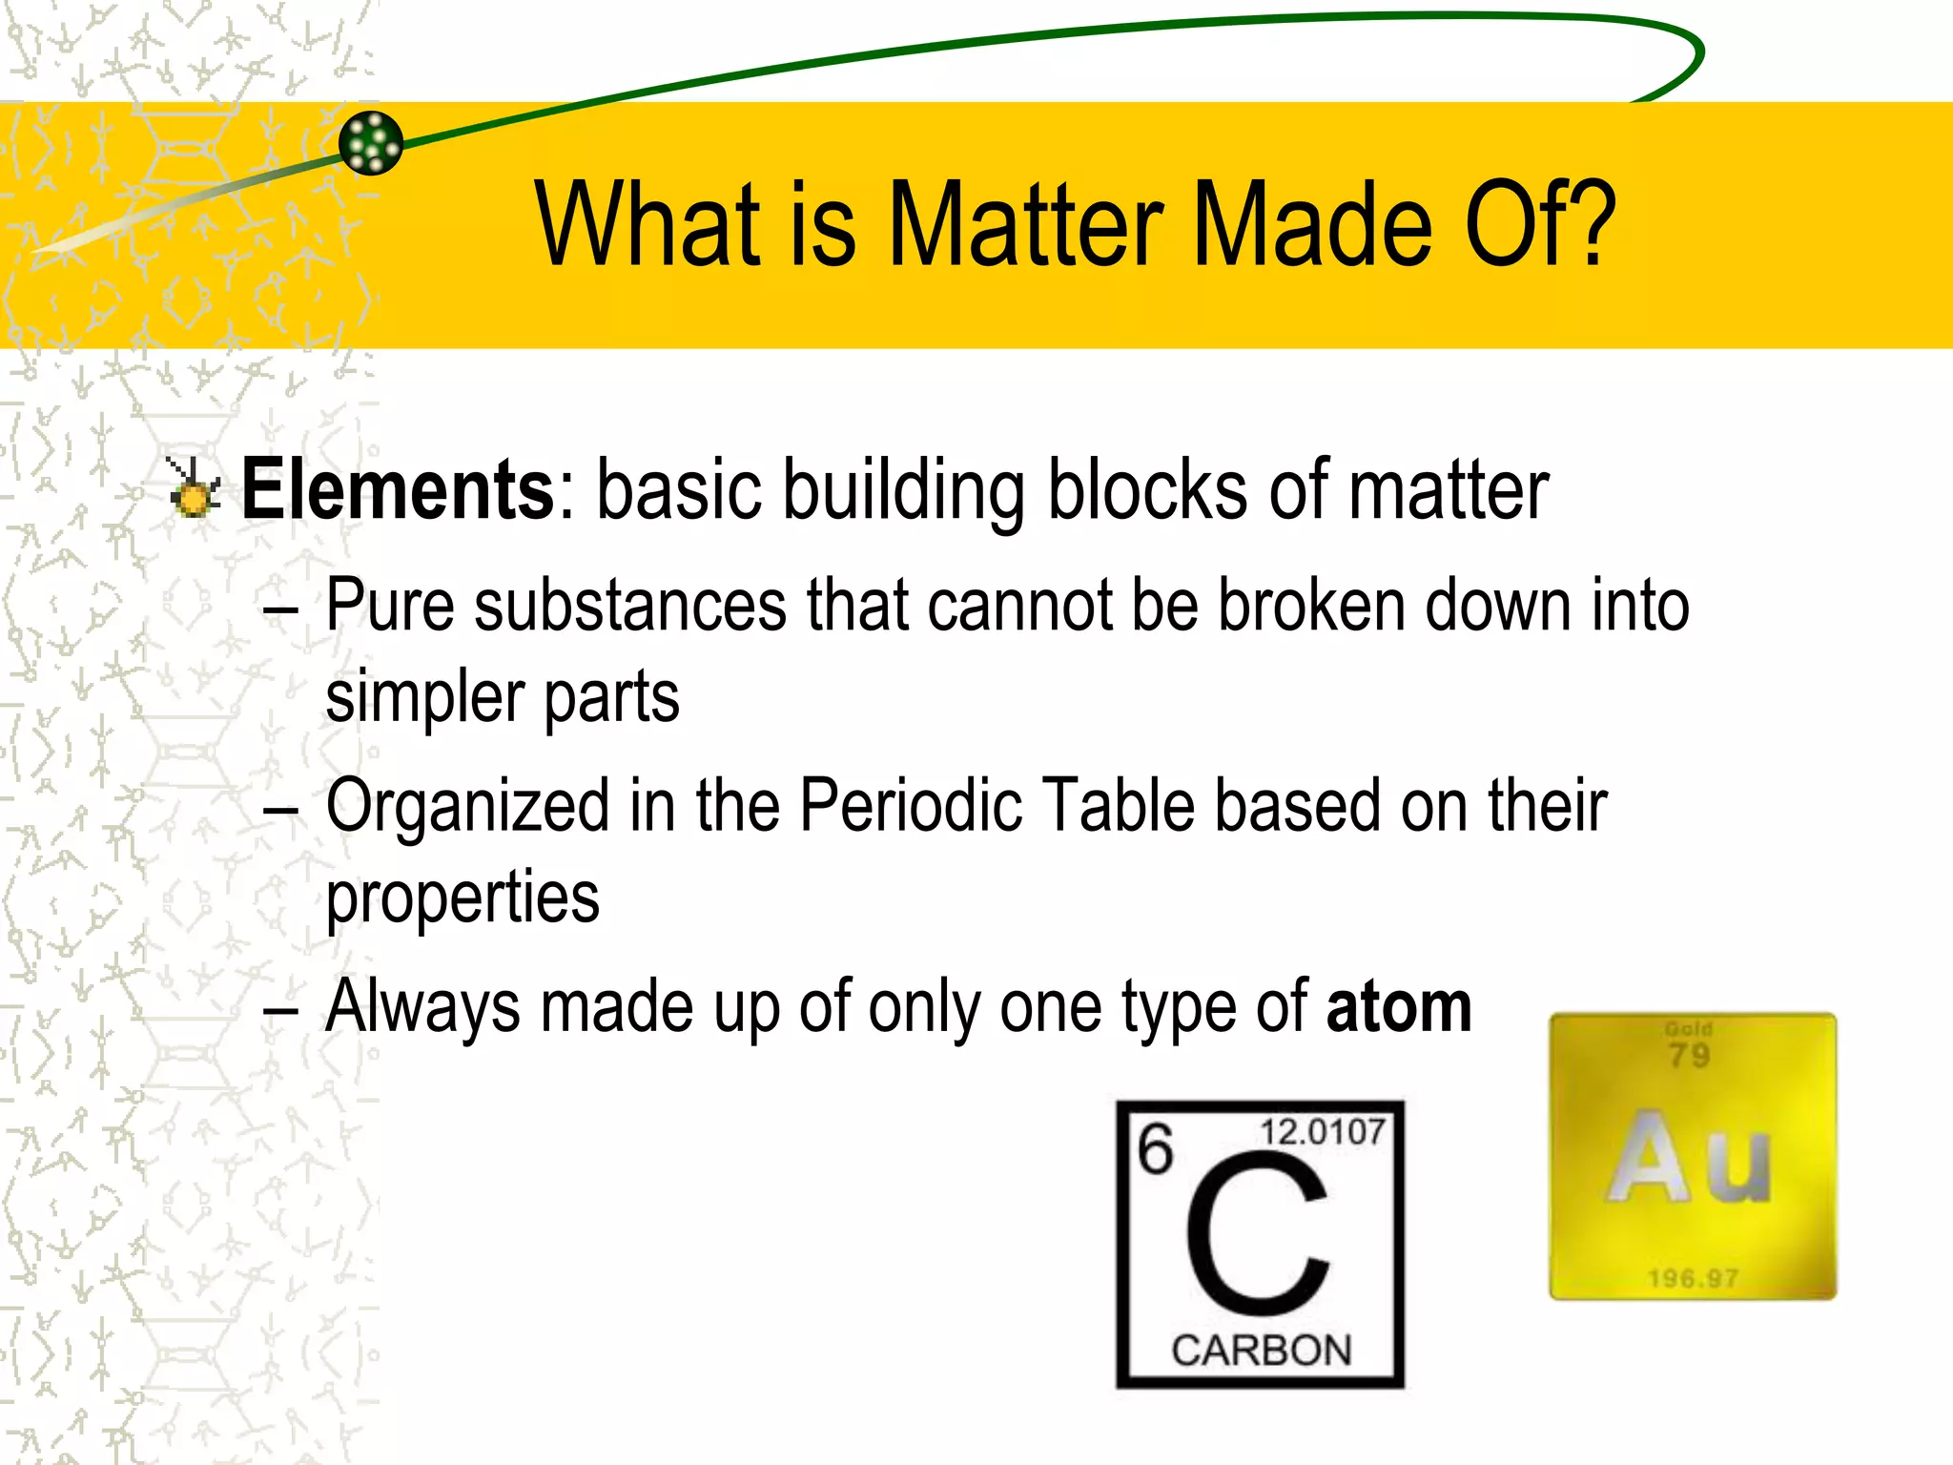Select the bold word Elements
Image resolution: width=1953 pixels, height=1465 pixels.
point(398,489)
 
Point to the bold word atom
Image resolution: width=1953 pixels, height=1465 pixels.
point(1398,1006)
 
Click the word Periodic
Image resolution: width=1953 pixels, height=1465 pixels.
point(912,805)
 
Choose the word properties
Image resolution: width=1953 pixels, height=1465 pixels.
point(463,898)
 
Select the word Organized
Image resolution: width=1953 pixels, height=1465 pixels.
point(466,807)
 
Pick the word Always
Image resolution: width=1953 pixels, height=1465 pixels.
point(421,1006)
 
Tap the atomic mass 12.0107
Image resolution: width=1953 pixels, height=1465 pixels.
point(1323,1132)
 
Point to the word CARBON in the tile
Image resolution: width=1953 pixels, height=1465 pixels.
point(1262,1351)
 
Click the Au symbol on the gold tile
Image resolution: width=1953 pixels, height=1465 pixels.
point(1689,1157)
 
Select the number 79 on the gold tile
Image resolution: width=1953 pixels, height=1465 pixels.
point(1689,1056)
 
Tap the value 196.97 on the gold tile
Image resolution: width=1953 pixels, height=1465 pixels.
point(1693,1278)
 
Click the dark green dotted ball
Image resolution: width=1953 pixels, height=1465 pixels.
point(371,143)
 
